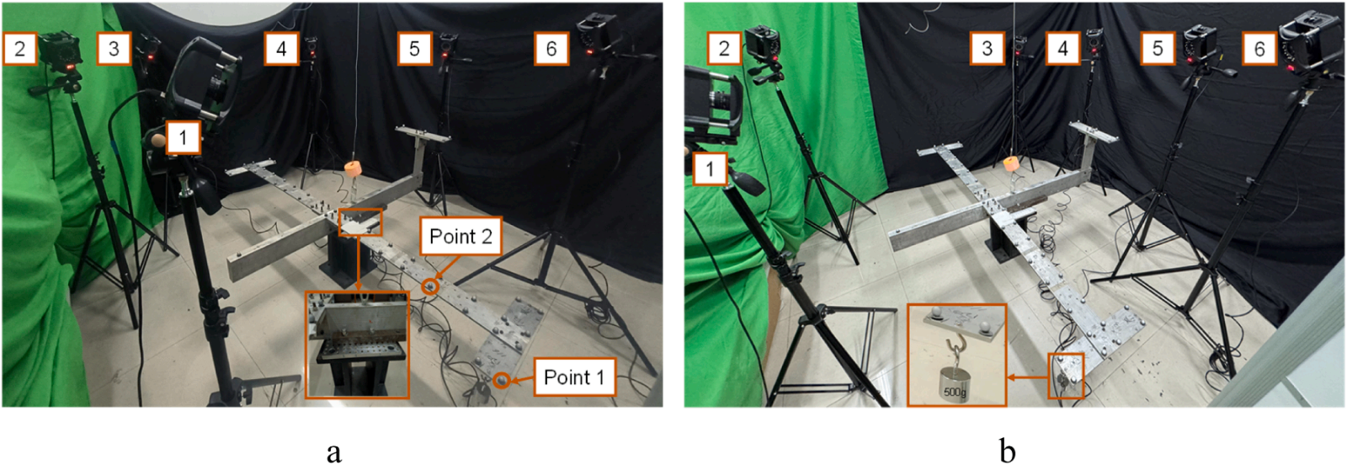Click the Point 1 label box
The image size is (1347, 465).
pyautogui.click(x=574, y=377)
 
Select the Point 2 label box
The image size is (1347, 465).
pyautogui.click(x=461, y=237)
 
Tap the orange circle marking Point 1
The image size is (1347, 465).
pyautogui.click(x=502, y=380)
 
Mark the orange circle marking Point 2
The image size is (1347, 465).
pyautogui.click(x=429, y=286)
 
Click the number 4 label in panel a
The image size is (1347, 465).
pyautogui.click(x=281, y=48)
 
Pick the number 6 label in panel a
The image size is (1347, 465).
pyautogui.click(x=551, y=48)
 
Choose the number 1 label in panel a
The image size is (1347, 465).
pyautogui.click(x=183, y=138)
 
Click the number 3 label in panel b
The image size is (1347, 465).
pyautogui.click(x=988, y=48)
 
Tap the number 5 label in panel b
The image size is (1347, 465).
pyautogui.click(x=1158, y=48)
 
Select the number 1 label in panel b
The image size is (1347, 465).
pyautogui.click(x=711, y=168)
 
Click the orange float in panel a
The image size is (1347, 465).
pyautogui.click(x=354, y=168)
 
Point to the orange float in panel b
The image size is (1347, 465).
pyautogui.click(x=1013, y=163)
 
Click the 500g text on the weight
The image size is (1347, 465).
pyautogui.click(x=955, y=393)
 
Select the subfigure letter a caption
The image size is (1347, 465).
pyautogui.click(x=334, y=452)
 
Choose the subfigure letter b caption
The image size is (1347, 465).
pyautogui.click(x=1007, y=450)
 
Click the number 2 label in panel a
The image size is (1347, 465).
pyautogui.click(x=20, y=48)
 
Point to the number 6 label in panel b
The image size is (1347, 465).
pyautogui.click(x=1259, y=48)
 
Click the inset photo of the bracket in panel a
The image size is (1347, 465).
pyautogui.click(x=357, y=345)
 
